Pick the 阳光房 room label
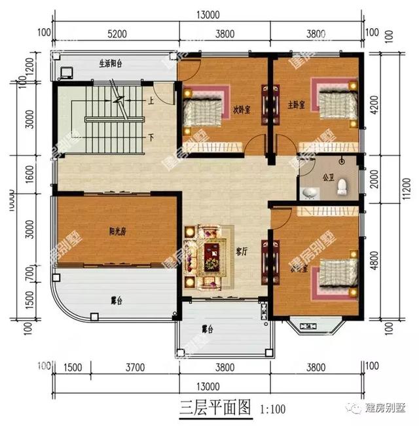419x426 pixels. pyautogui.click(x=118, y=230)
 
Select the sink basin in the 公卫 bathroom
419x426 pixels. pyautogui.click(x=310, y=192)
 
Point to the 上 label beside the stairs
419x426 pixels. pyautogui.click(x=151, y=101)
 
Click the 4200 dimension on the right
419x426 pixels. pyautogui.click(x=374, y=105)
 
